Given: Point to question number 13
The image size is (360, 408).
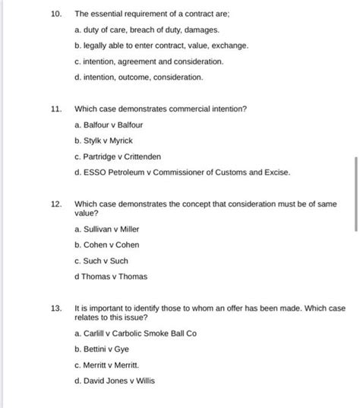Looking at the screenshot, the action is [x=55, y=308].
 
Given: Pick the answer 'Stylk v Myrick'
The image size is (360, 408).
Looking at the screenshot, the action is [x=106, y=141].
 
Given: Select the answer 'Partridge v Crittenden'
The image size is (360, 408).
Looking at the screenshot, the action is [x=118, y=157].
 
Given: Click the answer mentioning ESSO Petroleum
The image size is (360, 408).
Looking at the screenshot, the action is [x=182, y=172].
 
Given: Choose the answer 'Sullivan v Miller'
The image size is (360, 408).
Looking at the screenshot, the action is [x=107, y=229].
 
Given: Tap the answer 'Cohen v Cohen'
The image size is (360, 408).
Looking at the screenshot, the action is [x=106, y=245].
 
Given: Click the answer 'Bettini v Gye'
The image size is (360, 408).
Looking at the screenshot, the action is [x=103, y=349].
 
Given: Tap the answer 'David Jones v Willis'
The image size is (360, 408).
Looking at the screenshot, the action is [x=115, y=381].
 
